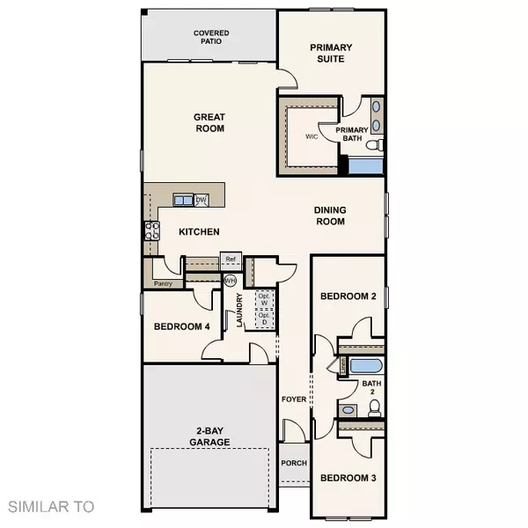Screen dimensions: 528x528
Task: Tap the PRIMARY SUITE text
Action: pos(331,53)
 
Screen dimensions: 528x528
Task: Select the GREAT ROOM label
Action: pos(209,122)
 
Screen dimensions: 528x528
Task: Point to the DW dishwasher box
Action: pos(201,201)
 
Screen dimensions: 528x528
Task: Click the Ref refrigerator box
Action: pos(231,260)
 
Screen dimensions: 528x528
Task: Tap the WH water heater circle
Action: pos(231,281)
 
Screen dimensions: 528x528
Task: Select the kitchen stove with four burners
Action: pos(151,231)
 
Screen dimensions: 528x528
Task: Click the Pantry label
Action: pos(162,283)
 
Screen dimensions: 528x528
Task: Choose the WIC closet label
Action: pos(311,136)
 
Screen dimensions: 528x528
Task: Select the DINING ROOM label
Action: pos(330,216)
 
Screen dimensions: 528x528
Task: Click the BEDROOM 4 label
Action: pos(181,327)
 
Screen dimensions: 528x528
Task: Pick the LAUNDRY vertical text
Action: pos(238,311)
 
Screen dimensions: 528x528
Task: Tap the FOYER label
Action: pos(292,399)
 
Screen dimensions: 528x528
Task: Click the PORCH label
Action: pos(292,463)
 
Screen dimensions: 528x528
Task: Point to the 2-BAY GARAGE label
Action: pos(210,436)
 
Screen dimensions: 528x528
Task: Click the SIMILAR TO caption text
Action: pos(51,506)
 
